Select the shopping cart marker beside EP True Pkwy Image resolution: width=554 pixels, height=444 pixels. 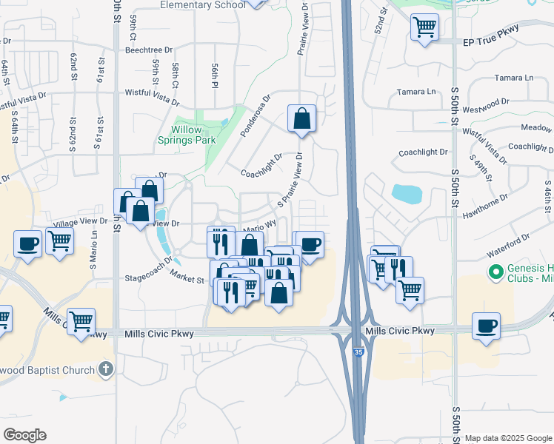[424, 28]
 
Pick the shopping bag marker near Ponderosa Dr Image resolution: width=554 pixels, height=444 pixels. [301, 118]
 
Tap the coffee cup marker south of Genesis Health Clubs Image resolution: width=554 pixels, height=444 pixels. [486, 326]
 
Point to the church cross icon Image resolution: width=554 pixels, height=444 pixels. [106, 369]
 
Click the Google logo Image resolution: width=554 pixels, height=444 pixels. [25, 435]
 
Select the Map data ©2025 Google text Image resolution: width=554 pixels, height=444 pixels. [508, 438]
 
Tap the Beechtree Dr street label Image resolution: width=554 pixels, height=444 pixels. [149, 50]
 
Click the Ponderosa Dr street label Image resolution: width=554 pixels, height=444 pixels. [256, 114]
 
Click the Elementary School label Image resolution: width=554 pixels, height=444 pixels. [204, 5]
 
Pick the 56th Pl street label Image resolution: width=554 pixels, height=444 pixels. [214, 76]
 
